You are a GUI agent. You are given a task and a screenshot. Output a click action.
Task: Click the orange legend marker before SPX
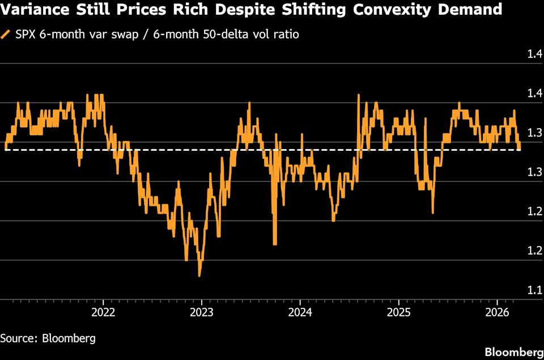pos(6,35)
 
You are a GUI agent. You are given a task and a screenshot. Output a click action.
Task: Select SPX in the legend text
pos(25,35)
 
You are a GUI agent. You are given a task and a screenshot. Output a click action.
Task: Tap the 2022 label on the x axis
pos(103,312)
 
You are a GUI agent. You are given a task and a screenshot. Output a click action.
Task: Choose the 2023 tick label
pos(202,312)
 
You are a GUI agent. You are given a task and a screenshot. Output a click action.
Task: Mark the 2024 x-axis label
pos(300,312)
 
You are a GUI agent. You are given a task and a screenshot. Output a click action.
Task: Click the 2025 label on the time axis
pos(398,312)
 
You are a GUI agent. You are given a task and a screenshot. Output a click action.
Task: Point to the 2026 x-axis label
pos(497,312)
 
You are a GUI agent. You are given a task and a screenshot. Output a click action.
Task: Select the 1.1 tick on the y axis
pos(534,290)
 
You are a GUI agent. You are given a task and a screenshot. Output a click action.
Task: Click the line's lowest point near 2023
pos(199,276)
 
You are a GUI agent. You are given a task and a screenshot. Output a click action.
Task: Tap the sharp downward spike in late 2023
pos(275,244)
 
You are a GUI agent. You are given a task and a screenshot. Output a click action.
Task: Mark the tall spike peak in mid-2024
pos(359,95)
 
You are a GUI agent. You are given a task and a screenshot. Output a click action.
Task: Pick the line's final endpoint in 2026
pos(520,149)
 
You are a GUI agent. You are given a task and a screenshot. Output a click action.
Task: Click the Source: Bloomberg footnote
pos(48,338)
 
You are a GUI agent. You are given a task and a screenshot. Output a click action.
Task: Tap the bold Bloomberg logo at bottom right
pos(511,351)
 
